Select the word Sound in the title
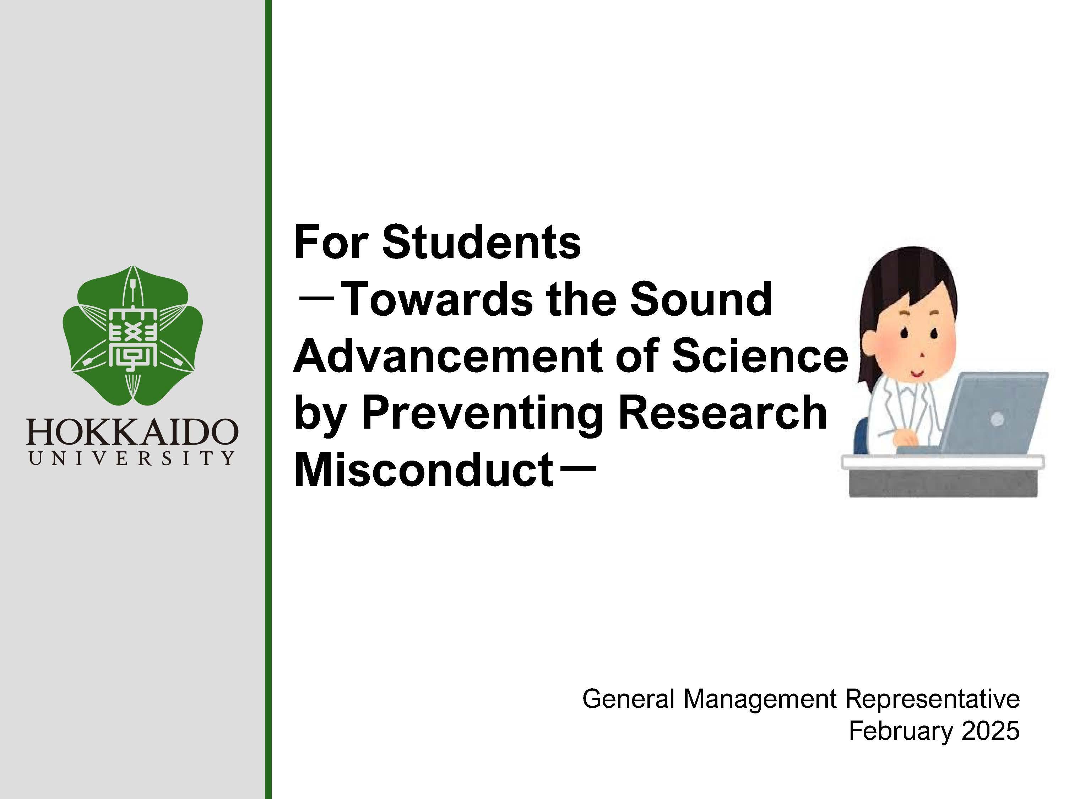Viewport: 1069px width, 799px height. click(x=701, y=299)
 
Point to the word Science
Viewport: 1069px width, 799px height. click(x=760, y=356)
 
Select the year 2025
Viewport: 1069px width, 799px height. click(x=991, y=730)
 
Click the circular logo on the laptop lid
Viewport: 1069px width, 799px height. click(x=997, y=419)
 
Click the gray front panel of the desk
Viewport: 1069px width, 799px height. click(x=943, y=482)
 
